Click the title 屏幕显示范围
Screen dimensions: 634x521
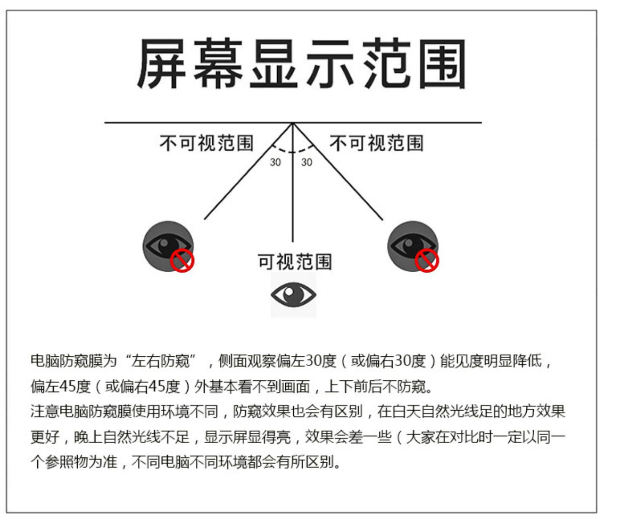(x=301, y=64)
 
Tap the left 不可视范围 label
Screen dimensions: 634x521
(x=206, y=143)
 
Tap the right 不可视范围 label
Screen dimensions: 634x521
(x=376, y=143)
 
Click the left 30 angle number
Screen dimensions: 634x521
(x=275, y=162)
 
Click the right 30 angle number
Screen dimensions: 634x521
(x=306, y=162)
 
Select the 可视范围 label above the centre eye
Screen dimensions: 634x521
(x=295, y=262)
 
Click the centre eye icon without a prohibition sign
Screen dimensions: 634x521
(x=293, y=295)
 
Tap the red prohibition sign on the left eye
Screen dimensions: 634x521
(x=182, y=260)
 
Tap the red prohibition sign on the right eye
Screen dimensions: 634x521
(x=426, y=260)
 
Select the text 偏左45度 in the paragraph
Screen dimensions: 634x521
(x=61, y=386)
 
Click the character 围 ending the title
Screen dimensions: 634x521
(x=442, y=64)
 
